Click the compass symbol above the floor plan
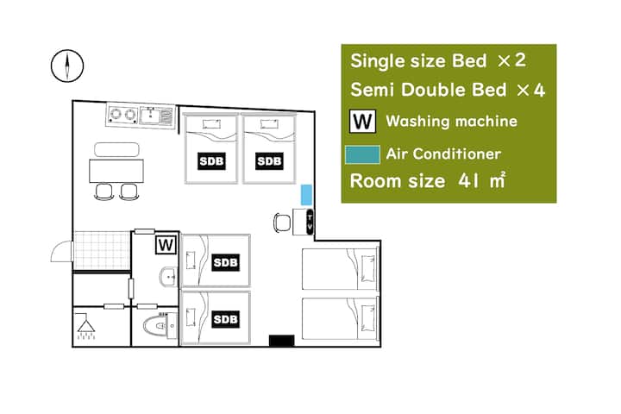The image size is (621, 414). [x=67, y=66]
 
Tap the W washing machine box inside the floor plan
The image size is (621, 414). [x=166, y=245]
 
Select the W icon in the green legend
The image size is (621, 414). [x=362, y=122]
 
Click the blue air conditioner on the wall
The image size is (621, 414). [x=306, y=195]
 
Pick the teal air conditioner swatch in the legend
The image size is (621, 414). [x=362, y=154]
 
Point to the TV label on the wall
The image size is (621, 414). [x=310, y=222]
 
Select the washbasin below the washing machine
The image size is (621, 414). [x=168, y=276]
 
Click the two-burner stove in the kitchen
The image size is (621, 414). [x=122, y=115]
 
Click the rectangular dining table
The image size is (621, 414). [x=116, y=171]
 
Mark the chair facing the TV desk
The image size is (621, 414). [x=281, y=223]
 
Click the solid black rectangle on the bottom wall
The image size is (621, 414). [x=281, y=341]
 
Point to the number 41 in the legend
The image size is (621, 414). [x=468, y=181]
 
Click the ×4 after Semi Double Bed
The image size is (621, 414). [x=530, y=91]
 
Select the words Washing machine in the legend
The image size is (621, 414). [x=451, y=122]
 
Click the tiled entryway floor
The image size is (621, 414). [x=102, y=251]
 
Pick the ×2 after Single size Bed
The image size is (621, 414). [x=511, y=60]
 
